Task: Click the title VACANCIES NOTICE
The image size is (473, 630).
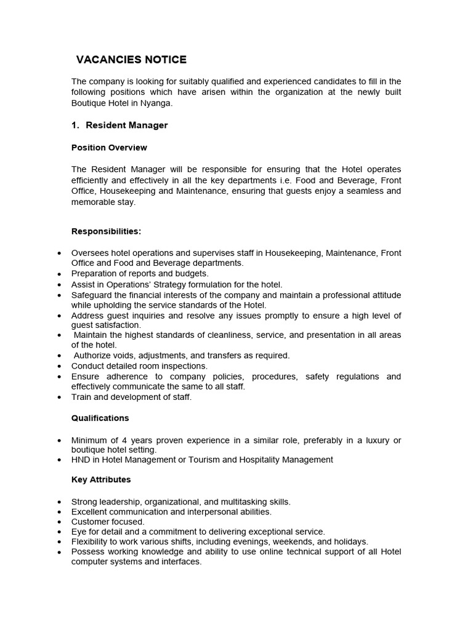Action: [131, 60]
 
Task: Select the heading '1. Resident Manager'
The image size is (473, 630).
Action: [119, 125]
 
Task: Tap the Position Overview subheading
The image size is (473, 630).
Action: [109, 148]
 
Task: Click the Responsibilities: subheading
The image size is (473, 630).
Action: [106, 231]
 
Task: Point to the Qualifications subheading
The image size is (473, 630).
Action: [100, 418]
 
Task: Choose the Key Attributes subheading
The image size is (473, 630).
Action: [101, 479]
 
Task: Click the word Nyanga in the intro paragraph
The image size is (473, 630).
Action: [156, 103]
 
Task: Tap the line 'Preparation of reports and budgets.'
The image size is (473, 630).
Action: [140, 273]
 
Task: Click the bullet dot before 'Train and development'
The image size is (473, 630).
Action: [59, 397]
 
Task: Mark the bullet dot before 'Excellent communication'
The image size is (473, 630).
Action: [59, 512]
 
